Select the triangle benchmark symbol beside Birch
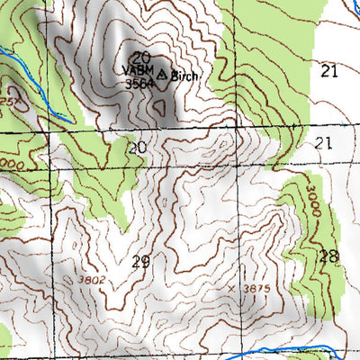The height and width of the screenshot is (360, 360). pos(162,74)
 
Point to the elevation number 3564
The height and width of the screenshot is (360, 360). pos(139,85)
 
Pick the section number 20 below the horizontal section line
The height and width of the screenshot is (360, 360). pos(136,147)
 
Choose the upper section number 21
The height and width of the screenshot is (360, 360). pos(328,70)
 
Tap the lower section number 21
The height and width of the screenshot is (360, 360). pos(324,143)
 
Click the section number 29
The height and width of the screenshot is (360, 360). pos(139,262)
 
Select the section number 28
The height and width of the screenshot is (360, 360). pos(328,256)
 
